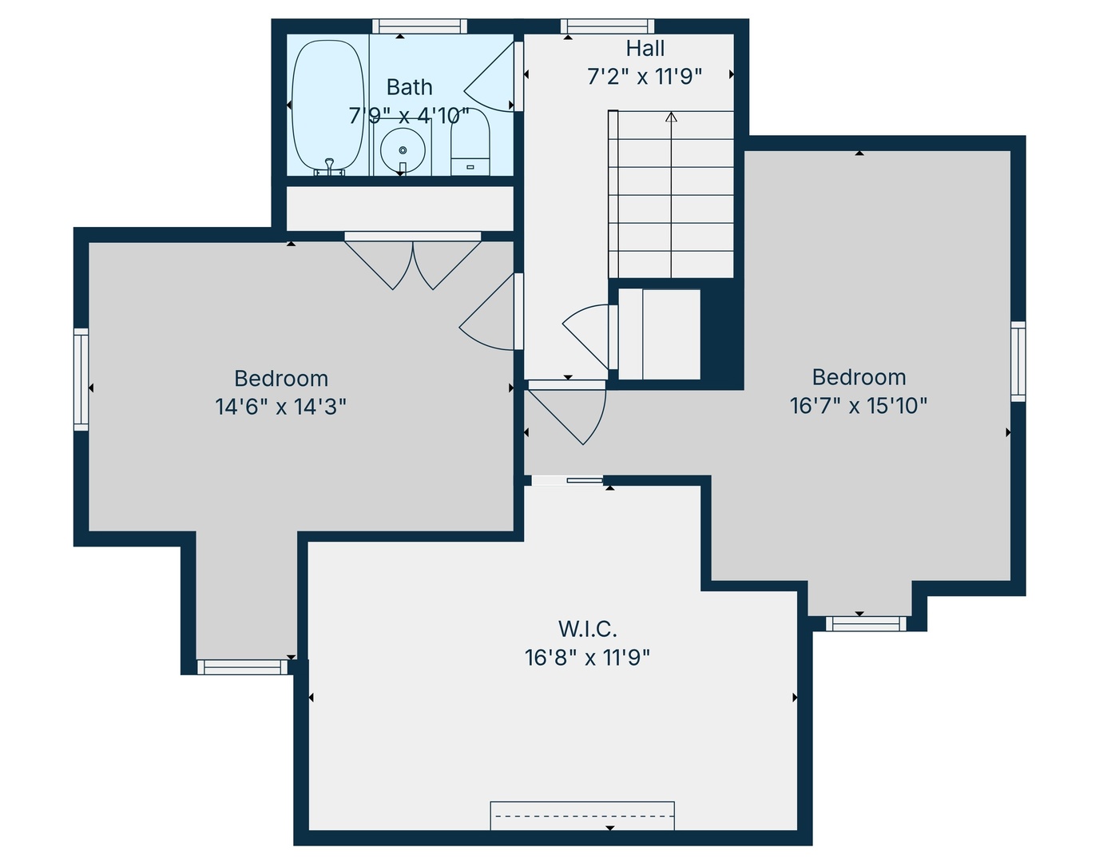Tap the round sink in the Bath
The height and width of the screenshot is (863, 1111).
403,150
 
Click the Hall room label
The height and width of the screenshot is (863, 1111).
645,49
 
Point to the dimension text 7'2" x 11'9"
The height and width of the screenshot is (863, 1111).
645,77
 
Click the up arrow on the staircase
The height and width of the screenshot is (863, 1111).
671,117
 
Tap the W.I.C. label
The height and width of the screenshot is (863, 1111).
587,629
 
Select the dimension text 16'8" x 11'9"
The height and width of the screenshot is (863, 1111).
587,658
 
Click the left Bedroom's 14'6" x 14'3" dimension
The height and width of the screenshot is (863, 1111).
280,407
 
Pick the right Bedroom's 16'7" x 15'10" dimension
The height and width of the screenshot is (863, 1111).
859,406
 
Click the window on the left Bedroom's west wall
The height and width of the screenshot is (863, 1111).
81,380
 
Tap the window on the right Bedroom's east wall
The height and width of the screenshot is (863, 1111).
1018,361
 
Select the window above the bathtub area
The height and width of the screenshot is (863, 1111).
419,26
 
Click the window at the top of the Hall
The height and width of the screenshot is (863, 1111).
607,26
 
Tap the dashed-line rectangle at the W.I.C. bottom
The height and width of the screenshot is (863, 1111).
582,816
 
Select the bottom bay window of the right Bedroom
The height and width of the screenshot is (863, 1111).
866,623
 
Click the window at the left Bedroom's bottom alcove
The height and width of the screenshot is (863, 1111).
242,667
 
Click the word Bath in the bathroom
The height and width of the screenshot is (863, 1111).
409,87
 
